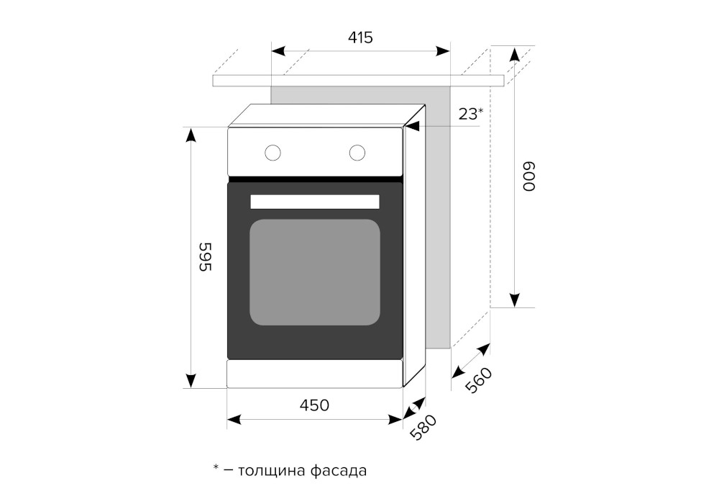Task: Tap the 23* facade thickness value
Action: pyautogui.click(x=470, y=113)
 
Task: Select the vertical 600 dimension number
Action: pyautogui.click(x=530, y=176)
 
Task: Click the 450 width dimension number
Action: pyautogui.click(x=315, y=405)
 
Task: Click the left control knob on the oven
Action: pyautogui.click(x=273, y=153)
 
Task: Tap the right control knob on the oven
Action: pyautogui.click(x=357, y=153)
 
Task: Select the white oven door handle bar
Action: pyautogui.click(x=315, y=202)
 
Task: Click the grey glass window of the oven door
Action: pyautogui.click(x=315, y=272)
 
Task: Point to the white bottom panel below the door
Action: pyautogui.click(x=315, y=374)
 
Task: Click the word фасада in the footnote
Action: pyautogui.click(x=339, y=471)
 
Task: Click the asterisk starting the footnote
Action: pyautogui.click(x=216, y=469)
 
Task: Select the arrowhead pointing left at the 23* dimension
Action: pyautogui.click(x=412, y=127)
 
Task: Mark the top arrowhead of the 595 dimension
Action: pyautogui.click(x=191, y=135)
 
